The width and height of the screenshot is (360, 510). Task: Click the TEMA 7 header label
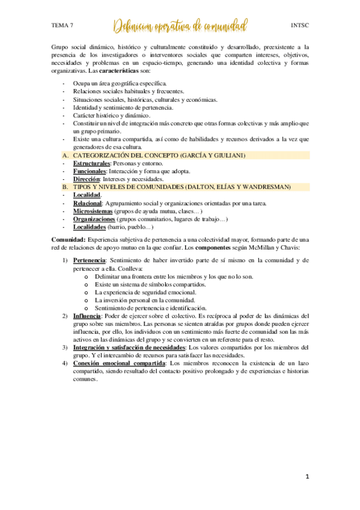(63, 26)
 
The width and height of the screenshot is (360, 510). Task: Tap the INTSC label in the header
(299, 26)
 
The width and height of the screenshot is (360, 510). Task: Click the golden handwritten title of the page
(180, 26)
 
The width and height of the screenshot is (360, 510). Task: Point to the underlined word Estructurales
(92, 164)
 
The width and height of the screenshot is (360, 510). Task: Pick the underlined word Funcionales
(90, 171)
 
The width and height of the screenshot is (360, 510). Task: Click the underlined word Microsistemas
(94, 212)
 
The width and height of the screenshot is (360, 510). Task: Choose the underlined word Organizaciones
(96, 220)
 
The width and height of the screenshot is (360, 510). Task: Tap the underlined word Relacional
(87, 204)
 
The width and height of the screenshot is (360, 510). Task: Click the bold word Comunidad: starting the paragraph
(69, 240)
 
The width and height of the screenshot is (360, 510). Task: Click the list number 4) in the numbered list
(65, 364)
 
